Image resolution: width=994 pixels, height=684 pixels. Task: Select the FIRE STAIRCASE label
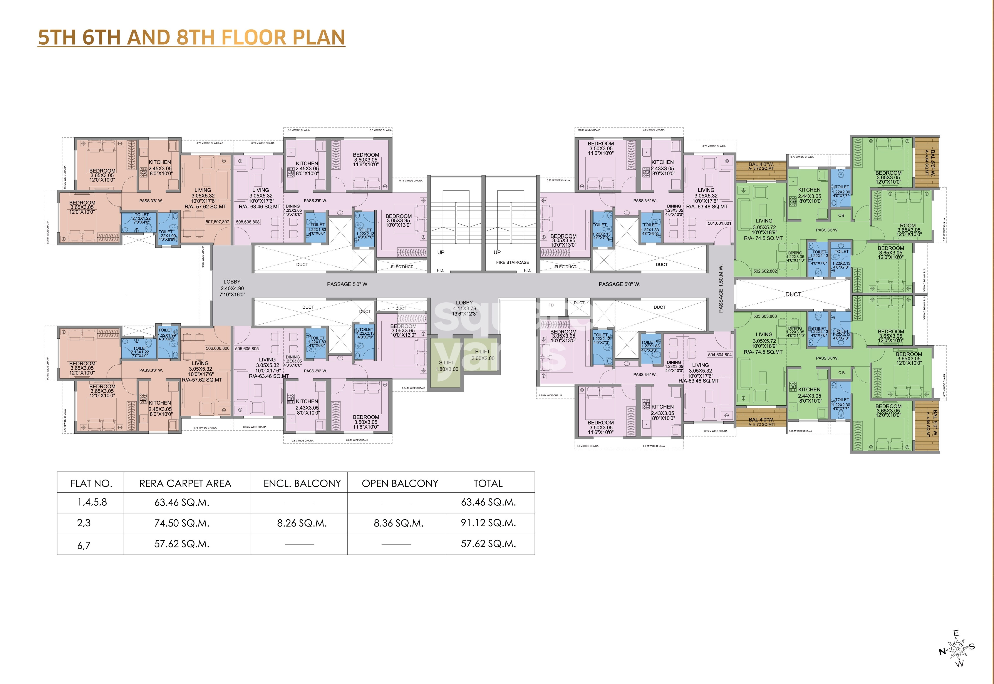[x=512, y=262]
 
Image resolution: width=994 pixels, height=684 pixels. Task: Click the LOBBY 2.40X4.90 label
[x=232, y=288]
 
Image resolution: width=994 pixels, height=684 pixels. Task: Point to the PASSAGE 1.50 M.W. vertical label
[x=721, y=288]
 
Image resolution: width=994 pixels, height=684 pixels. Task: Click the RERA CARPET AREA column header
[x=185, y=483]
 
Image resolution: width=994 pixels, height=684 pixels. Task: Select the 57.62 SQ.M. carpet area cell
[x=182, y=544]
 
